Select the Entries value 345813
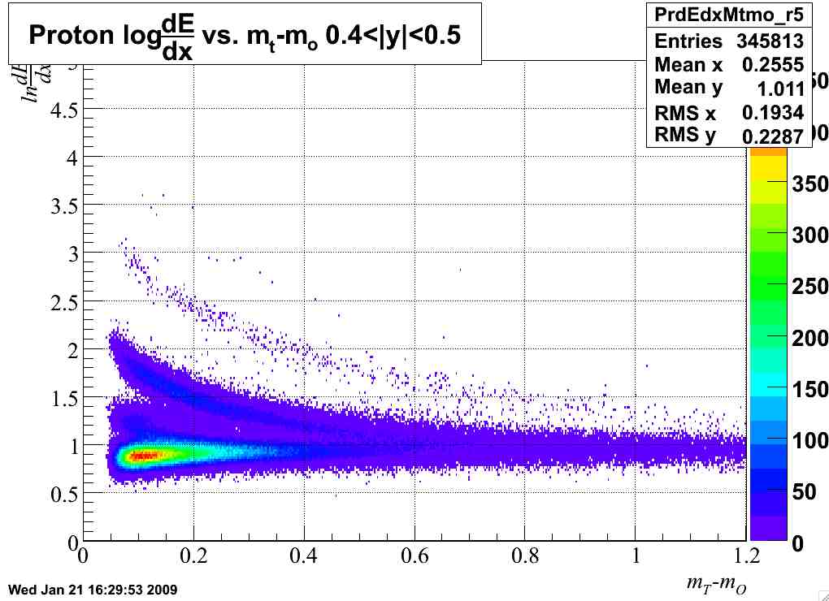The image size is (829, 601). click(x=770, y=41)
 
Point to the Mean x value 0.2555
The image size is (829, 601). click(x=772, y=65)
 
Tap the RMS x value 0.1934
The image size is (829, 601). click(x=772, y=113)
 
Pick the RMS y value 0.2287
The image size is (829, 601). click(x=774, y=136)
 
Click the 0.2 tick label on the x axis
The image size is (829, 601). click(x=193, y=557)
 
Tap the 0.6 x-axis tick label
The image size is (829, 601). click(x=414, y=557)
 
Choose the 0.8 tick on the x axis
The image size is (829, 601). click(x=525, y=557)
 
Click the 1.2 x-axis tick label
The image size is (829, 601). click(x=745, y=557)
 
